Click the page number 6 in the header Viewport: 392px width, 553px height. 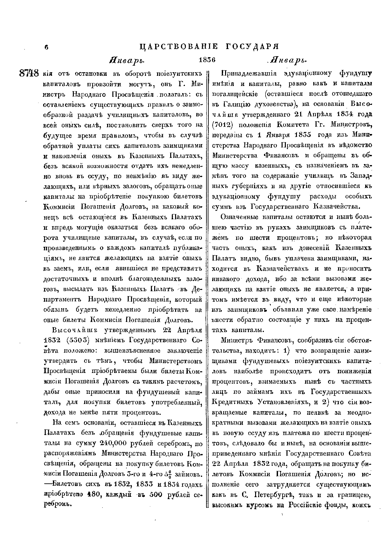click(46, 47)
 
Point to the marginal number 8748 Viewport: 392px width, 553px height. click(29, 73)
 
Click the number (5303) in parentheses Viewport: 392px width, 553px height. click(78, 340)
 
